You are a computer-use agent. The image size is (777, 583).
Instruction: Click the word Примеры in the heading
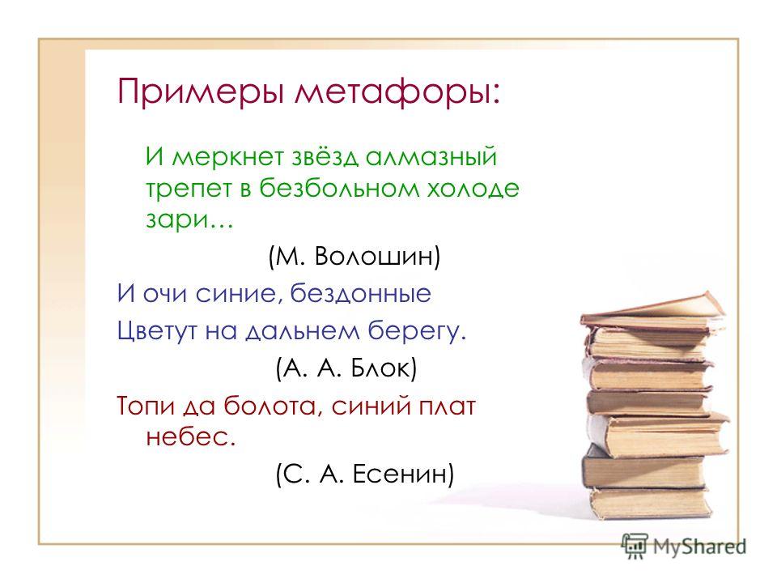point(200,92)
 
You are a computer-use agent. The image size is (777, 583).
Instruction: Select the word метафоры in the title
point(397,92)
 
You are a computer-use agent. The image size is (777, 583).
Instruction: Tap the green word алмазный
point(431,156)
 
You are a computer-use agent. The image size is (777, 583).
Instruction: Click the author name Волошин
point(376,257)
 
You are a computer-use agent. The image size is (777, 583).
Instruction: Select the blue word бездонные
point(360,293)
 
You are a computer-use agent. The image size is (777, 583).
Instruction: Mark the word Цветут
point(157,330)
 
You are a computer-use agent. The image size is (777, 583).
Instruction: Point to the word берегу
point(416,330)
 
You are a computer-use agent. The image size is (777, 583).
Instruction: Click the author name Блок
point(381,368)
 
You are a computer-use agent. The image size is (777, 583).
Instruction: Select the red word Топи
point(146,406)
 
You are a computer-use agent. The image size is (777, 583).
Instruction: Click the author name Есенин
point(401,474)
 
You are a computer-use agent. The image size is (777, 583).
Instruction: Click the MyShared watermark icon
point(635,546)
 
